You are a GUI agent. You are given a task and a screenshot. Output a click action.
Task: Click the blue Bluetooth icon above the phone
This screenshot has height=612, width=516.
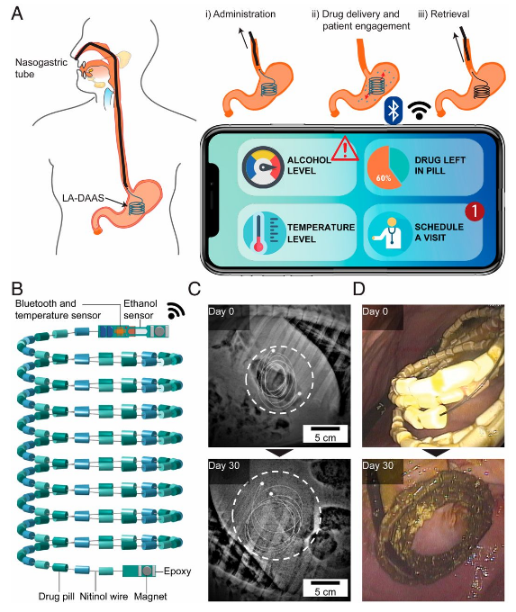point(394,110)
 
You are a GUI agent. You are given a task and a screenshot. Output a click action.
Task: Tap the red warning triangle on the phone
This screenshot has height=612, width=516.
point(345,149)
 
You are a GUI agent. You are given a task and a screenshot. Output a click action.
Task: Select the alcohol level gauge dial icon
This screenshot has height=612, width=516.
point(262,167)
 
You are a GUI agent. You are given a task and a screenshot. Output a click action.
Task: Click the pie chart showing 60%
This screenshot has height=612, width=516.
point(387,168)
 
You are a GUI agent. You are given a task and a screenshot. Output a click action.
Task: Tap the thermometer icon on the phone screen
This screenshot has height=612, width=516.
point(262,233)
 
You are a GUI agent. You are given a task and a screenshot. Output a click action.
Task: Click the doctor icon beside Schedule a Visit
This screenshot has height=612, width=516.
point(389,233)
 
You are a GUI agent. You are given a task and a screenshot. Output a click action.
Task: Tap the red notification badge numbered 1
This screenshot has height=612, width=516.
point(475,211)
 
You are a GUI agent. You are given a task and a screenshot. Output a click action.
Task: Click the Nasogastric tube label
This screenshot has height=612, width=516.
point(41,67)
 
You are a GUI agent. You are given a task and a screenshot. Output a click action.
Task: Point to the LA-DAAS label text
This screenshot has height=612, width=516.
point(83,198)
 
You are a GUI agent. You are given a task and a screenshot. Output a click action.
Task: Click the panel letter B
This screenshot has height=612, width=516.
point(17,289)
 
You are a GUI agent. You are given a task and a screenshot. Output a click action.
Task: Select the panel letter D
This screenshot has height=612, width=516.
point(359,289)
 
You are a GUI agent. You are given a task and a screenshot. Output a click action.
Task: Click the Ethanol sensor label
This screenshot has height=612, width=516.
point(140,309)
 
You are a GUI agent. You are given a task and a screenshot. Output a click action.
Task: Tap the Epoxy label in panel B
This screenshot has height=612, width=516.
point(177,571)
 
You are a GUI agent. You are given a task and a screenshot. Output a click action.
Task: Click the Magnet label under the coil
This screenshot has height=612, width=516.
point(150,597)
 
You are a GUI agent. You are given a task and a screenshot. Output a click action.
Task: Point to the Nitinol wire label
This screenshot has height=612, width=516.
point(104,597)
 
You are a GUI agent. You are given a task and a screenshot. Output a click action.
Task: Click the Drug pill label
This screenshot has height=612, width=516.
point(57,597)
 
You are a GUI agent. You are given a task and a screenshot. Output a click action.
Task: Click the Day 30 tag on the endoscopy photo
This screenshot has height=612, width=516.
point(377,465)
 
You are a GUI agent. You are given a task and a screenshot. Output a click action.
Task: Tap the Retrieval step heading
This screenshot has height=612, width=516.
point(444,14)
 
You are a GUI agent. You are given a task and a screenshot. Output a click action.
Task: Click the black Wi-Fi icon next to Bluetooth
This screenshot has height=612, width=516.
point(419,110)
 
